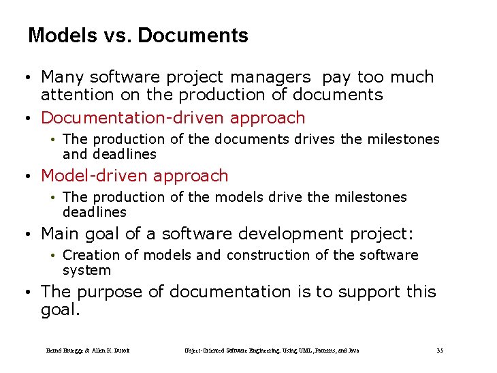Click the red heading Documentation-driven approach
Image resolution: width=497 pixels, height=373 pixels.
pyautogui.click(x=173, y=117)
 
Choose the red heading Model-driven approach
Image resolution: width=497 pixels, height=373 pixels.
pyautogui.click(x=135, y=175)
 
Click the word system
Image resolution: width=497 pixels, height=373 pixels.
pyautogui.click(x=86, y=270)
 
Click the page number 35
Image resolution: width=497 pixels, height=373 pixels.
pyautogui.click(x=440, y=350)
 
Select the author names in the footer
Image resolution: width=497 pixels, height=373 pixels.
pyautogui.click(x=88, y=350)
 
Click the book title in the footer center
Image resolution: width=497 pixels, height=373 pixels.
pyautogui.click(x=272, y=350)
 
